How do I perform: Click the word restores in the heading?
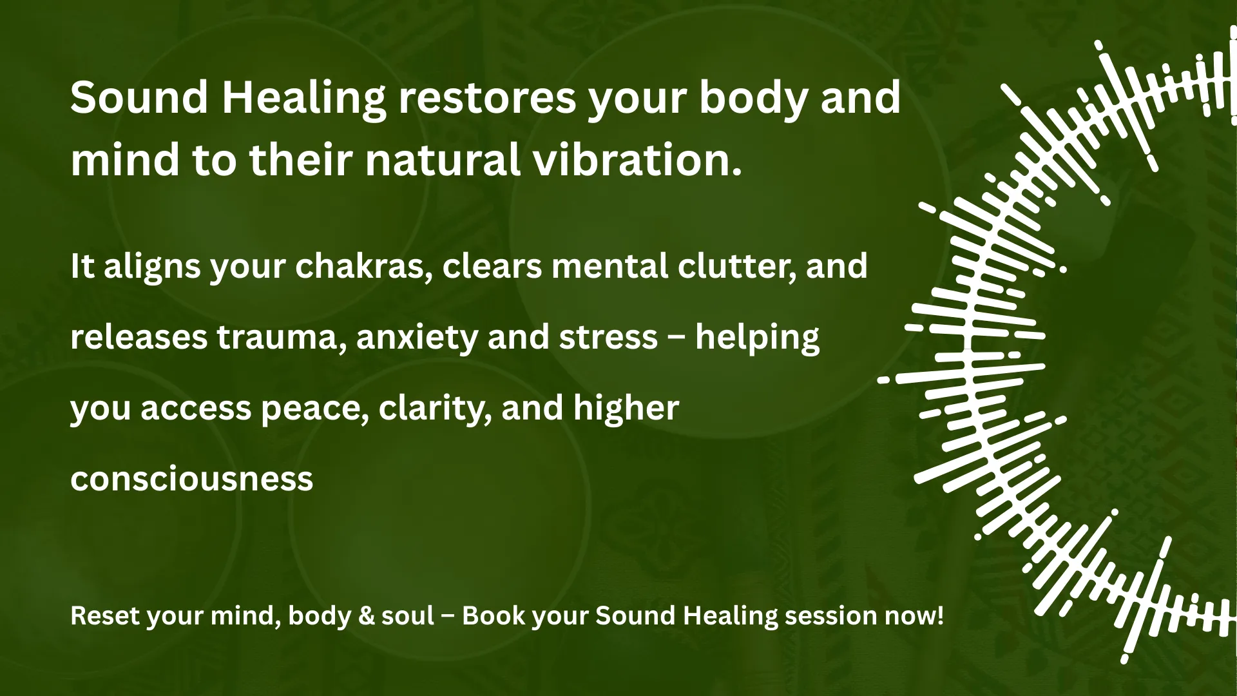click(x=487, y=98)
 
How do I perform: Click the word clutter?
click(x=727, y=266)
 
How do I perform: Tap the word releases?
click(x=139, y=337)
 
